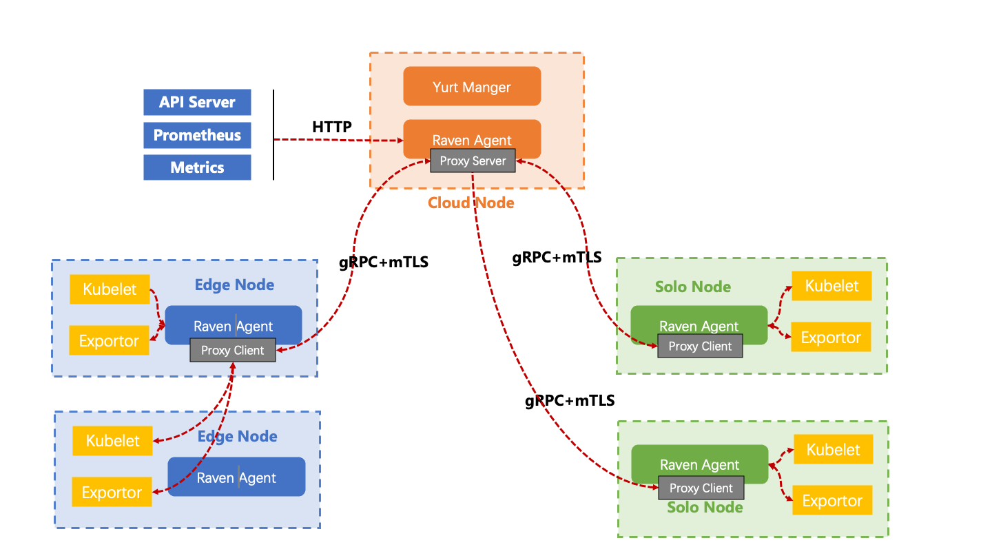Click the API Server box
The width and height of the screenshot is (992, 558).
coord(197,102)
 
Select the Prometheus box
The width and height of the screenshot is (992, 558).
coord(197,135)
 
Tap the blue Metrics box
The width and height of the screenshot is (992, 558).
coord(197,167)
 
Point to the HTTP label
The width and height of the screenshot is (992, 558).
coord(332,127)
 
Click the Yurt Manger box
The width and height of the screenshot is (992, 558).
coord(472,87)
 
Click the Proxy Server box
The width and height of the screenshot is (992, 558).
coord(473,161)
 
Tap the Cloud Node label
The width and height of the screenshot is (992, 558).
coord(471,203)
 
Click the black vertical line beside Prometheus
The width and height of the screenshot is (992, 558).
coord(273,135)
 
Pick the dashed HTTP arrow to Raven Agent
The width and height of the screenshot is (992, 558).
coord(338,140)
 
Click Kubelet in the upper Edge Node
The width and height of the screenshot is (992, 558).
coord(110,289)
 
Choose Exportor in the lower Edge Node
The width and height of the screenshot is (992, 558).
coord(112,493)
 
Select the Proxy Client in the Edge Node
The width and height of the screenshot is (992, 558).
coord(232,350)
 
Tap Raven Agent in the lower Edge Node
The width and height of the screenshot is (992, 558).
coord(236,477)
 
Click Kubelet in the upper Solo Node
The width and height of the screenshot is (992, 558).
coord(831,286)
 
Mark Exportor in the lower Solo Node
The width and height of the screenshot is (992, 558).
coord(832,501)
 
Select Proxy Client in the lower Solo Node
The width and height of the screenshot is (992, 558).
coord(701,488)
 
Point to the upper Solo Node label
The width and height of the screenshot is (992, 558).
coord(693,287)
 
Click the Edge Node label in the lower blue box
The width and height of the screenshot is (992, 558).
coord(238,436)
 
